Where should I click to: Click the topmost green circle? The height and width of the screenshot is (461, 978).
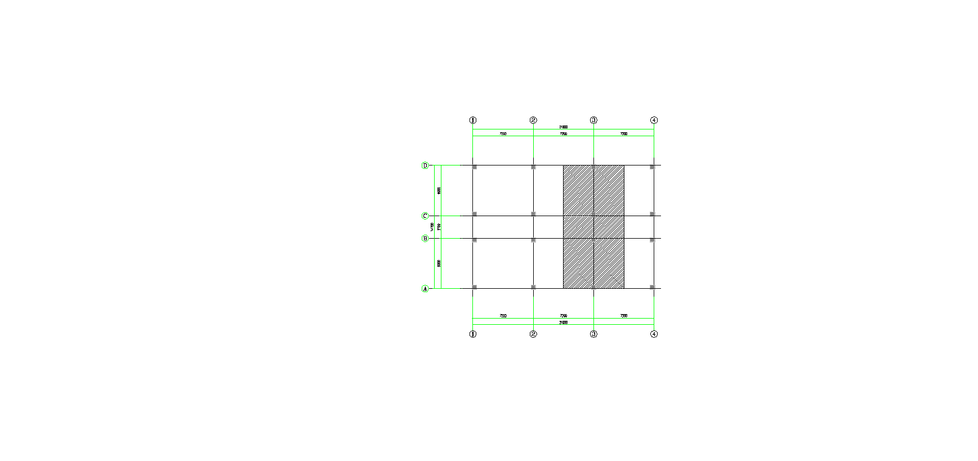pyautogui.click(x=425, y=165)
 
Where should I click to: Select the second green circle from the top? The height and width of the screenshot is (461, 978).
pyautogui.click(x=425, y=216)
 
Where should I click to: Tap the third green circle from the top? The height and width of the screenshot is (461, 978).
pyautogui.click(x=425, y=239)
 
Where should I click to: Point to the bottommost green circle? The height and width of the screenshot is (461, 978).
pyautogui.click(x=425, y=289)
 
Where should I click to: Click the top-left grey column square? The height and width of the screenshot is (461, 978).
pyautogui.click(x=474, y=167)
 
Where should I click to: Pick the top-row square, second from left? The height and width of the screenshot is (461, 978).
pyautogui.click(x=533, y=167)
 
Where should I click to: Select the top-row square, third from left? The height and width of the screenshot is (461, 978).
pyautogui.click(x=593, y=167)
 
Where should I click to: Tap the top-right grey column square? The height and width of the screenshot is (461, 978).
pyautogui.click(x=653, y=167)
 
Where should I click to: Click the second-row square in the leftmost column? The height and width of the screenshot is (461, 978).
pyautogui.click(x=474, y=214)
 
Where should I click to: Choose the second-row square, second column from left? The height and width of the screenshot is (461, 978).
pyautogui.click(x=533, y=214)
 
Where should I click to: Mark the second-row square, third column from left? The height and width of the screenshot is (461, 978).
pyautogui.click(x=593, y=214)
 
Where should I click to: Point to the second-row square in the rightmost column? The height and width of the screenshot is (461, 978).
pyautogui.click(x=653, y=214)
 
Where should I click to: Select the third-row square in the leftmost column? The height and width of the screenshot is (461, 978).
pyautogui.click(x=474, y=240)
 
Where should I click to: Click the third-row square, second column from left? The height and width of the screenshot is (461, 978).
pyautogui.click(x=533, y=240)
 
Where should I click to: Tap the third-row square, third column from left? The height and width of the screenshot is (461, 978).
pyautogui.click(x=593, y=240)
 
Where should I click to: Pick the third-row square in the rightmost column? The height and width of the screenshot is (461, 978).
pyautogui.click(x=653, y=240)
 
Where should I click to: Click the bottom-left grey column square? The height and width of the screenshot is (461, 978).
pyautogui.click(x=474, y=287)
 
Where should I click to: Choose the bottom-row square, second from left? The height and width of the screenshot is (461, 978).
pyautogui.click(x=533, y=287)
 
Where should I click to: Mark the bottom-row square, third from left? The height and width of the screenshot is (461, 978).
pyautogui.click(x=593, y=287)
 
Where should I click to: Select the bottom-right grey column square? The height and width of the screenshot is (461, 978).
pyautogui.click(x=653, y=287)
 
